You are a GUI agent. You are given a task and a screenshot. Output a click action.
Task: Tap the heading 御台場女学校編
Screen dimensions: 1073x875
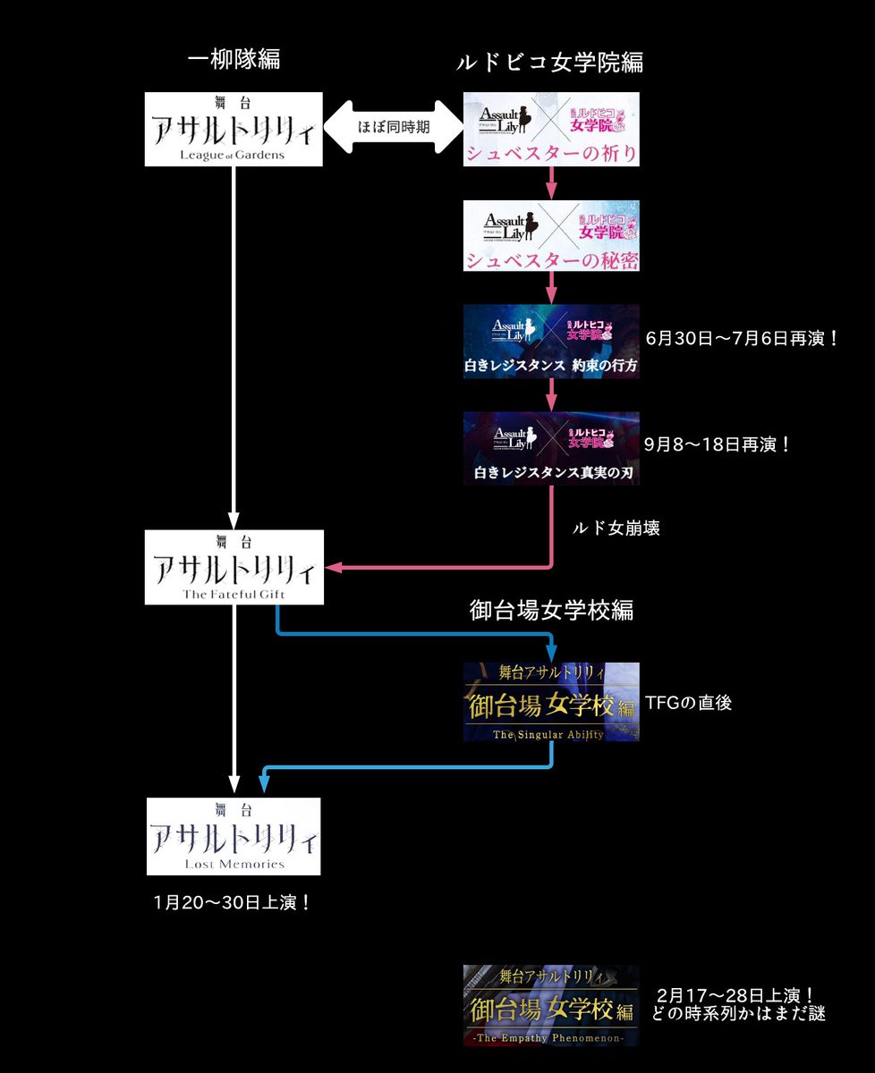pyautogui.click(x=552, y=610)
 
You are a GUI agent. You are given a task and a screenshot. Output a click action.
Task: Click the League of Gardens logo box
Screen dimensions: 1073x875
pyautogui.click(x=233, y=129)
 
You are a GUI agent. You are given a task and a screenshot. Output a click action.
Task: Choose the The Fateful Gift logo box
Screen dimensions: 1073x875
pyautogui.click(x=233, y=566)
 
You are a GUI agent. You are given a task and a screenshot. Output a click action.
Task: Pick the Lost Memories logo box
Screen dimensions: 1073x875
pyautogui.click(x=234, y=835)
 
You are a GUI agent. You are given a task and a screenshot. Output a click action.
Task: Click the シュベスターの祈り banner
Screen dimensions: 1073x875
pyautogui.click(x=551, y=129)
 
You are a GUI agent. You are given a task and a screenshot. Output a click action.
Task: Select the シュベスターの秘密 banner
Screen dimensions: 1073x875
pyautogui.click(x=551, y=235)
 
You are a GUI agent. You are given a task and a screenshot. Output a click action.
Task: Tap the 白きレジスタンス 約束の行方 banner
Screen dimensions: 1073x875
pyautogui.click(x=551, y=342)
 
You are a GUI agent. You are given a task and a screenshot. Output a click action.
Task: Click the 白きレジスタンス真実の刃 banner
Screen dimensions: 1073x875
pyautogui.click(x=551, y=448)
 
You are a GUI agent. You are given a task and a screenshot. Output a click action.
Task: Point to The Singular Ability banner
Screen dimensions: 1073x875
pyautogui.click(x=551, y=702)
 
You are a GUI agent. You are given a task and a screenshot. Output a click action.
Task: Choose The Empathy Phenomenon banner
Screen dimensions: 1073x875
pyautogui.click(x=551, y=1005)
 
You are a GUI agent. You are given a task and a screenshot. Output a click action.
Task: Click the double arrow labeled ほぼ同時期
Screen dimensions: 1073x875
pyautogui.click(x=392, y=127)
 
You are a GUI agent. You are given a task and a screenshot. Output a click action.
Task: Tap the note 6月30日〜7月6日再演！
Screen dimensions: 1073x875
pyautogui.click(x=742, y=341)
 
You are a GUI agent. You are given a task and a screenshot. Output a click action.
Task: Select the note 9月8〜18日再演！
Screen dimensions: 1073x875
pyautogui.click(x=718, y=444)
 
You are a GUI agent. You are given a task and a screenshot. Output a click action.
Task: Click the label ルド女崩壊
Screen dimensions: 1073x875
pyautogui.click(x=616, y=528)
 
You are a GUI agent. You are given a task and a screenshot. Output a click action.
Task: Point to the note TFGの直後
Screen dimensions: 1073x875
pyautogui.click(x=688, y=703)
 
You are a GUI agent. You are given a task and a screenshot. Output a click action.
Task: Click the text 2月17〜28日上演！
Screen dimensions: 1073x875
pyautogui.click(x=735, y=994)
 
